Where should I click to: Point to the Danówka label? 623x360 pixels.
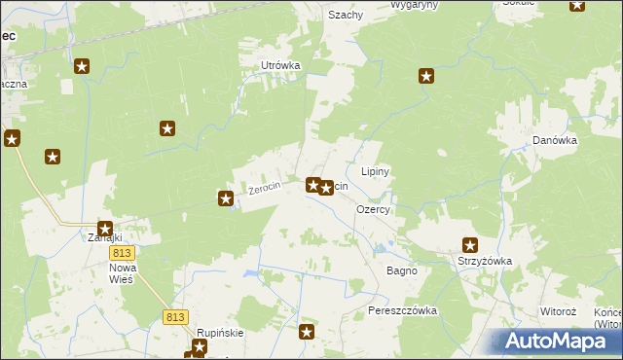point(555,140)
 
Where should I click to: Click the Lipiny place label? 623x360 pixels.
point(376,171)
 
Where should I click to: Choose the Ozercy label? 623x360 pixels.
point(374,209)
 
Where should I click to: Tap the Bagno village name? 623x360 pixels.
point(401,270)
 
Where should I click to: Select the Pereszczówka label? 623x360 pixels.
point(403,310)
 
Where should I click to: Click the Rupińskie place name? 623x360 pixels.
point(219,332)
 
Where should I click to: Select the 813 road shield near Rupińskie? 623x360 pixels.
point(175,317)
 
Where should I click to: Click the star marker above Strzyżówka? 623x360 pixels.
point(470,245)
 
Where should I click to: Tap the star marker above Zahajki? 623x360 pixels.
point(104,229)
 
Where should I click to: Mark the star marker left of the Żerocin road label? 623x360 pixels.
point(226,198)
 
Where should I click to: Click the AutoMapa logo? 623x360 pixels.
point(556,342)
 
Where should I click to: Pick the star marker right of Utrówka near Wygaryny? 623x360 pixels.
point(425,76)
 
